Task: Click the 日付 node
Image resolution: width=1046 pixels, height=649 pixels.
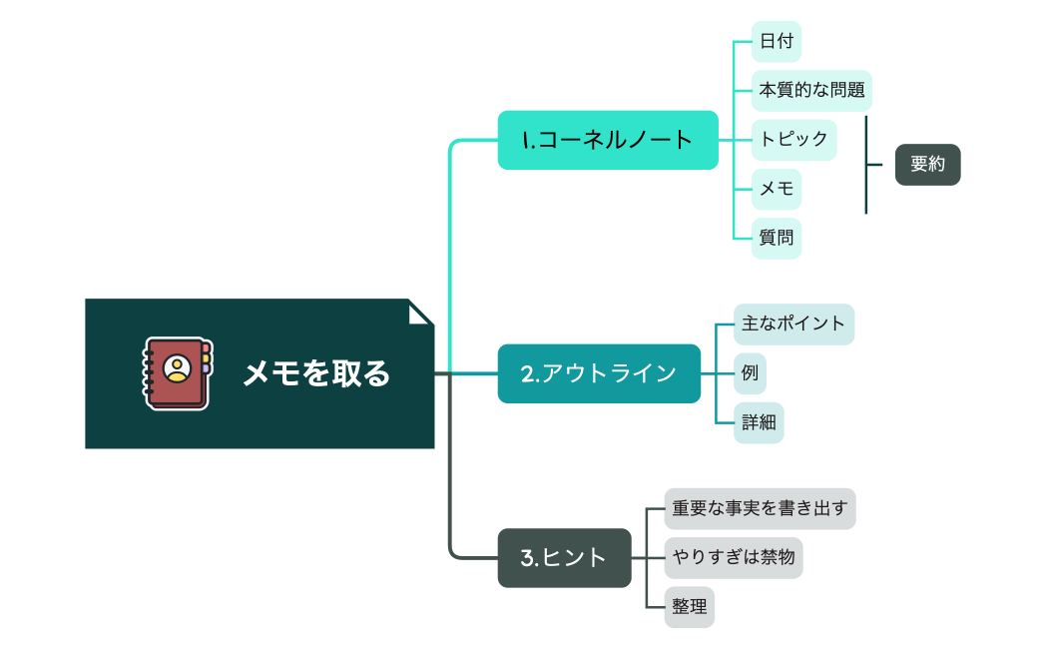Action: click(x=776, y=42)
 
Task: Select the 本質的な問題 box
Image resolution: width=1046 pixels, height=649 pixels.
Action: click(x=811, y=90)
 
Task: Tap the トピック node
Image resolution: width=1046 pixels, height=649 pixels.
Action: click(x=793, y=139)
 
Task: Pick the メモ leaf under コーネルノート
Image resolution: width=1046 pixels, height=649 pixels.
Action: click(x=776, y=187)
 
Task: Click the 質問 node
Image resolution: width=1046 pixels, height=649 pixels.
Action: click(x=776, y=238)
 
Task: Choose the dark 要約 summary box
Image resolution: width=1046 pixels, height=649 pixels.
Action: click(x=927, y=165)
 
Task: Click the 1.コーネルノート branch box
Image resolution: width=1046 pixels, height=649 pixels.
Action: click(x=608, y=140)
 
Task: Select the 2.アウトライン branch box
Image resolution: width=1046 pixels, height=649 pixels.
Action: click(x=599, y=373)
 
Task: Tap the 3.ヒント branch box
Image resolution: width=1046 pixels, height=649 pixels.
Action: click(x=564, y=558)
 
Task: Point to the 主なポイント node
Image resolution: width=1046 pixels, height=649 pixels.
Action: click(x=793, y=324)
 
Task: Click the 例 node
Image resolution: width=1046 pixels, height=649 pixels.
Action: click(x=750, y=373)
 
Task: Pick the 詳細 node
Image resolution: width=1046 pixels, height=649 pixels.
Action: click(x=759, y=422)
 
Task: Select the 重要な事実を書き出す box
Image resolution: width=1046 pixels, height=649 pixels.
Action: click(x=760, y=508)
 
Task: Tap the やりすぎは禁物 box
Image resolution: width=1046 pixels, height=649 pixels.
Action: click(x=734, y=557)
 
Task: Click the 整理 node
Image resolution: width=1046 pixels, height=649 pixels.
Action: click(x=690, y=607)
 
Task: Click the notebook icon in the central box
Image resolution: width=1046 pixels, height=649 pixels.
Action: click(x=177, y=373)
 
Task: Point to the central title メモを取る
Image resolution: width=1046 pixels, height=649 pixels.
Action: click(x=317, y=374)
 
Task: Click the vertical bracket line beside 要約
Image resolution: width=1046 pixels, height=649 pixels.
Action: click(x=865, y=165)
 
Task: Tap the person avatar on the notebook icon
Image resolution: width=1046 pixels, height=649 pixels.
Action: click(x=178, y=367)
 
